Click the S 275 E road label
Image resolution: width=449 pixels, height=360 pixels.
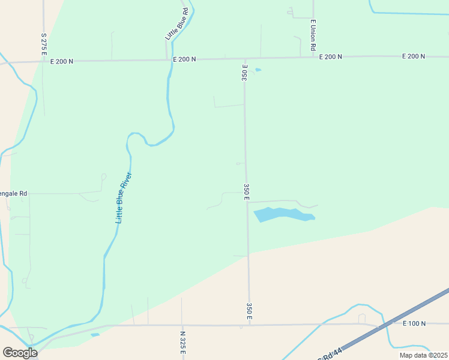(44, 44)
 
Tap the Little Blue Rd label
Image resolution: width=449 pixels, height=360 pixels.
(176, 25)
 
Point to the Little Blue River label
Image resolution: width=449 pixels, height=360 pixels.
(124, 197)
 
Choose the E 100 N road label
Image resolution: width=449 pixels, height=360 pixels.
(414, 323)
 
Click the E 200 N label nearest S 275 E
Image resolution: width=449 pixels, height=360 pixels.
(62, 61)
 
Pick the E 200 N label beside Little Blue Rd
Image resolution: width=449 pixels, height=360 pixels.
(184, 59)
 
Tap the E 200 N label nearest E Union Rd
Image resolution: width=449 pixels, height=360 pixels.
(330, 56)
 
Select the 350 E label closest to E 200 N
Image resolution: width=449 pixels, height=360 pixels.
(245, 73)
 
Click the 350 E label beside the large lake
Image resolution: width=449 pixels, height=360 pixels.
(247, 192)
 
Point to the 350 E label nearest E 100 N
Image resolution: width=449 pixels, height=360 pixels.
(249, 311)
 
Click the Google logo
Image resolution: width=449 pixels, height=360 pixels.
(20, 353)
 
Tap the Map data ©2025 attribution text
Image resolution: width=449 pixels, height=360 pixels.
(423, 355)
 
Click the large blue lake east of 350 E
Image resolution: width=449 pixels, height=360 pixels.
(282, 214)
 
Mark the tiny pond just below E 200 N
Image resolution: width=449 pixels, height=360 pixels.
(258, 70)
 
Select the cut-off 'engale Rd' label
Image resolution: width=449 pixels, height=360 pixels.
(14, 194)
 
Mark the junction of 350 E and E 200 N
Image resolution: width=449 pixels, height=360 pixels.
(244, 58)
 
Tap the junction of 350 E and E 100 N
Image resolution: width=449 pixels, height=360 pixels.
(250, 325)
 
